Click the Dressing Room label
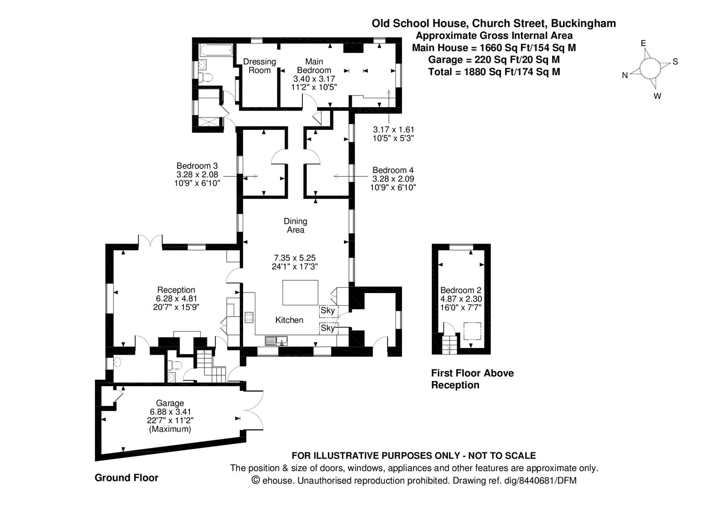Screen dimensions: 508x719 click(x=259, y=66)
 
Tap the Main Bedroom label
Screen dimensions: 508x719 click(x=314, y=66)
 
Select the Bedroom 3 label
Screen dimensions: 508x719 click(x=197, y=166)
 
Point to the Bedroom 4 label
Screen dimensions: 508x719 click(x=393, y=170)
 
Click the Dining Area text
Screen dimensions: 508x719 click(x=295, y=225)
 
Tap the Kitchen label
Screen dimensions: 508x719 click(x=289, y=320)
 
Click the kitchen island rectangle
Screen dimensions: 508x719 click(x=300, y=293)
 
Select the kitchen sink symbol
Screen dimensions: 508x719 click(x=276, y=340)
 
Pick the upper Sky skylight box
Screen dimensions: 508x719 click(x=328, y=311)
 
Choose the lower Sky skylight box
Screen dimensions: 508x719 click(x=328, y=328)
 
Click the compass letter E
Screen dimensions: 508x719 click(x=643, y=44)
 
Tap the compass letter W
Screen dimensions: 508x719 click(x=657, y=96)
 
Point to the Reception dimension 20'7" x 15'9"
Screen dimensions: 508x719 click(x=176, y=307)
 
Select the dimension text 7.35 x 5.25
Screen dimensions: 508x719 click(x=294, y=258)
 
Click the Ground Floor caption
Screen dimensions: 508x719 click(x=126, y=478)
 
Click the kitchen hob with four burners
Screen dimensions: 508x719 click(x=249, y=317)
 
